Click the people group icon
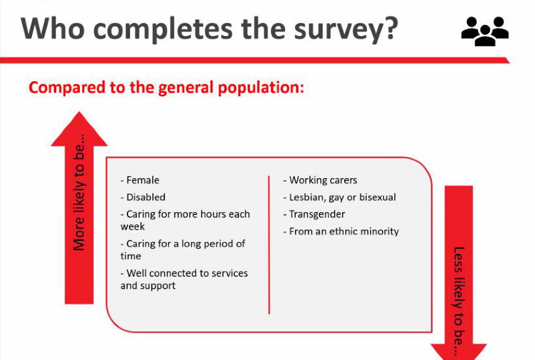485,31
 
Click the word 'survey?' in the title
346,29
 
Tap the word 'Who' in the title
52,28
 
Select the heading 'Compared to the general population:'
166,88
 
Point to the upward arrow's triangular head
79,129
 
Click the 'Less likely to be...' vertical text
459,301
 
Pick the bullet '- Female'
140,180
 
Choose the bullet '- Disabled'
143,197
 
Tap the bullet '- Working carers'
320,180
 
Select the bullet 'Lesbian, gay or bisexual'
343,198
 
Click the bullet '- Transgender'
314,214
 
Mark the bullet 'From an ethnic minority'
344,231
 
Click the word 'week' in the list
133,226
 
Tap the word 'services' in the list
230,273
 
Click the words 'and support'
148,286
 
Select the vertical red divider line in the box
269,245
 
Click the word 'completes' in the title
163,29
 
